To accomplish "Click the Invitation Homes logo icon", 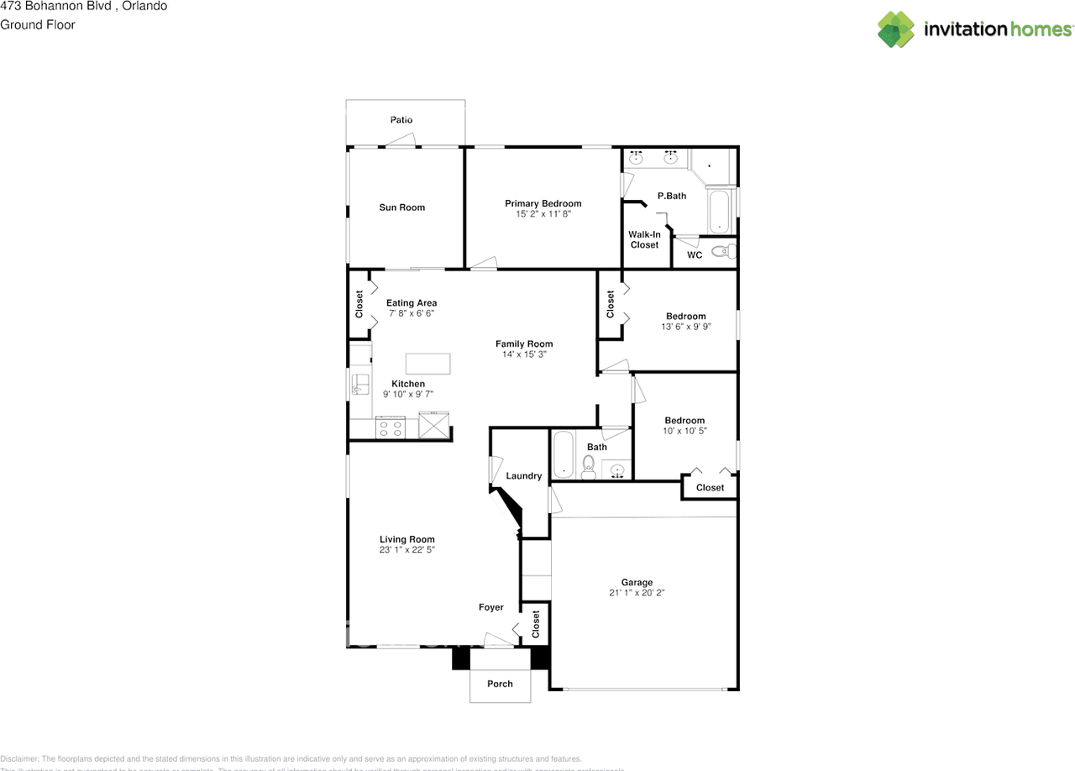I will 895,29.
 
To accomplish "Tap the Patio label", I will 401,120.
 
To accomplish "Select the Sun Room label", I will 401,207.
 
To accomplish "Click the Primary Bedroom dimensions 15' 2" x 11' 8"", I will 543,214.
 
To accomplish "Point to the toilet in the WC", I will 724,250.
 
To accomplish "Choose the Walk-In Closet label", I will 644,239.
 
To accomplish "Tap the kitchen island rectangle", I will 427,364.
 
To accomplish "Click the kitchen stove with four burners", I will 391,427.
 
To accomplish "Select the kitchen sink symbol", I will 359,385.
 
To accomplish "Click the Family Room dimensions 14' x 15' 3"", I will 524,354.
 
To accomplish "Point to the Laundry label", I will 524,476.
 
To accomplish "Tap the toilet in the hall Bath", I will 589,467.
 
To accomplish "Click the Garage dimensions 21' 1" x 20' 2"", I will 637,593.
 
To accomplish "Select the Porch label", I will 500,684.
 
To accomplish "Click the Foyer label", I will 491,607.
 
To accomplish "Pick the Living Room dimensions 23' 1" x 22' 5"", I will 406,550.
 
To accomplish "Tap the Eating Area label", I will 412,303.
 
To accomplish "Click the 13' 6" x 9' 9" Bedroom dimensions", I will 686,327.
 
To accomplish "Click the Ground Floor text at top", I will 38,24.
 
